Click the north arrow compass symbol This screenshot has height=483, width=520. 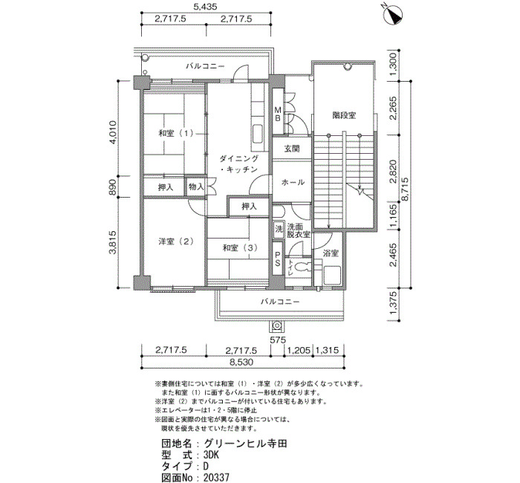tap(394, 15)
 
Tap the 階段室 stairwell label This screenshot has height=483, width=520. tap(344, 115)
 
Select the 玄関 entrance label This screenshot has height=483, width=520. tap(292, 149)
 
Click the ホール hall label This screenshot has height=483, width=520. tap(293, 182)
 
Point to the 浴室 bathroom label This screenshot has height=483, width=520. tap(331, 253)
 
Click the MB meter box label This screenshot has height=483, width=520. tap(278, 114)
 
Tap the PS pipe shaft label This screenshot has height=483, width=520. tap(278, 259)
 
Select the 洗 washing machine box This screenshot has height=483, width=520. tap(279, 229)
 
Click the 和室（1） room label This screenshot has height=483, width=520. tap(176, 133)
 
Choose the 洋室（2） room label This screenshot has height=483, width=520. tap(176, 241)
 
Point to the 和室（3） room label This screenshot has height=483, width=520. tap(240, 247)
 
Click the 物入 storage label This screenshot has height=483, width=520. tap(196, 187)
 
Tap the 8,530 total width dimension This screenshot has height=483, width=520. tap(241, 362)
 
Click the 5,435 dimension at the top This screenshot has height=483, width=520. tap(206, 7)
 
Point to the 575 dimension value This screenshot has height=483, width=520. tap(278, 340)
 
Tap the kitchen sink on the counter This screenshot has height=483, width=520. tap(258, 134)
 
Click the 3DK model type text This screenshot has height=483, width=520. tap(212, 455)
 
